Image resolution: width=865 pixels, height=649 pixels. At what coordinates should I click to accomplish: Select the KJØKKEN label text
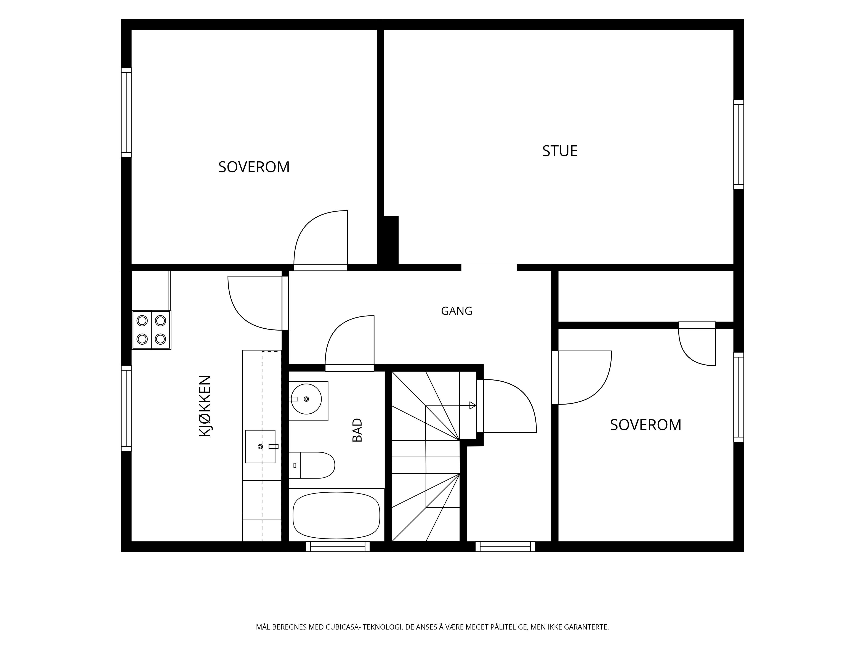205,406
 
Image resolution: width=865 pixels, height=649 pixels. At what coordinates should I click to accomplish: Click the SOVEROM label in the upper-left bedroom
254,167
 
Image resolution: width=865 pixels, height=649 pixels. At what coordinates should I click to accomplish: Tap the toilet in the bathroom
312,465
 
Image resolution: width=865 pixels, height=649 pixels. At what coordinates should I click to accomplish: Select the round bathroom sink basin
306,399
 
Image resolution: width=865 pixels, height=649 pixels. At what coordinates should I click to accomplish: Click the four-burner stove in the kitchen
151,330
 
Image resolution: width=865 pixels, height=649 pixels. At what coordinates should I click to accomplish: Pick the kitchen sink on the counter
260,446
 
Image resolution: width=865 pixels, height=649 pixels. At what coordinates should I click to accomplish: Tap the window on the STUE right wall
738,145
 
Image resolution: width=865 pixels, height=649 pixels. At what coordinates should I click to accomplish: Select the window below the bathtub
338,546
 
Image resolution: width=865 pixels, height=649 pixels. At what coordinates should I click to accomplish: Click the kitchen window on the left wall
126,408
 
